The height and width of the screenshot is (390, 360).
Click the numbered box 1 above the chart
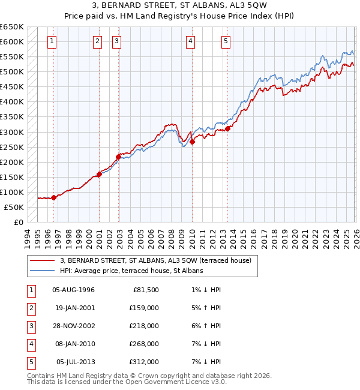click(52, 41)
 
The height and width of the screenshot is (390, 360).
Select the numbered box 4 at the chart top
click(190, 41)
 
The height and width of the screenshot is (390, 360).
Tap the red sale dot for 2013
click(228, 128)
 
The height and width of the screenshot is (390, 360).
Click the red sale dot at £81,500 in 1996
click(54, 197)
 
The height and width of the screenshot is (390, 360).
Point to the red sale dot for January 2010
click(192, 142)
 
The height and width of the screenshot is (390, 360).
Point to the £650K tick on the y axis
click(12, 27)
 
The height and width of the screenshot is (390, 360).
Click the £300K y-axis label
click(12, 132)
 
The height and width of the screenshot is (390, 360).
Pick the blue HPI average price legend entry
click(131, 271)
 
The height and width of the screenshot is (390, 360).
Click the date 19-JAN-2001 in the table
click(74, 308)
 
